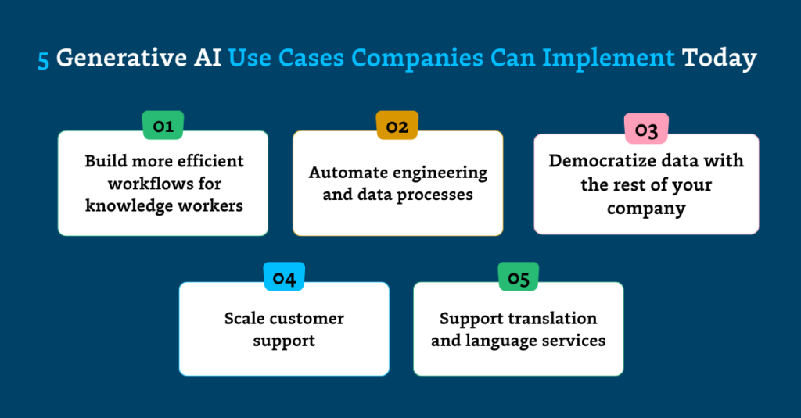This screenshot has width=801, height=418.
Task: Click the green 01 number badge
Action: [163, 126]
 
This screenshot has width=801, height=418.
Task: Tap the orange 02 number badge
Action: [397, 126]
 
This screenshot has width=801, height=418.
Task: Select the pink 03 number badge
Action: [646, 130]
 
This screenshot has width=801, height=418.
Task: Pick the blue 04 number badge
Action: [284, 277]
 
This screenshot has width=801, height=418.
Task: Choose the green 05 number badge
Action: [519, 277]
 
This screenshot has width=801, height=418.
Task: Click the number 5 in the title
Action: [43, 59]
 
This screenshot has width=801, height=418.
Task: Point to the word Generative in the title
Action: [119, 59]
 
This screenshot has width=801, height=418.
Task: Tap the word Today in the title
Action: [720, 59]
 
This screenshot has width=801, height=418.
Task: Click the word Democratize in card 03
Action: [598, 161]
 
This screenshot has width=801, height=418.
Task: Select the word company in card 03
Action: [646, 209]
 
